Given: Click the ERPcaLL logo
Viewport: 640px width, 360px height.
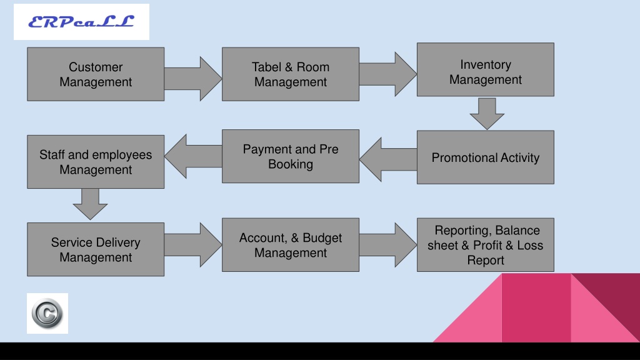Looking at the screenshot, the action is tap(81, 22).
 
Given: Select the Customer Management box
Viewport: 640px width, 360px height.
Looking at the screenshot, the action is tap(96, 74).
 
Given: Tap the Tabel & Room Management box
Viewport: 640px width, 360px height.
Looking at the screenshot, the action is tap(291, 74).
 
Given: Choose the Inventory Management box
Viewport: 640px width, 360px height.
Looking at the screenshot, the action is tap(485, 70).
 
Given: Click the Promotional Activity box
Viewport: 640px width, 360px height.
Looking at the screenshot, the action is tap(485, 157).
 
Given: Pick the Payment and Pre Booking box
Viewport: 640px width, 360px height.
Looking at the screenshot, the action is tap(291, 156).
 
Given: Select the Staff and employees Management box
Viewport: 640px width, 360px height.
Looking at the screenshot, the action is tap(96, 162).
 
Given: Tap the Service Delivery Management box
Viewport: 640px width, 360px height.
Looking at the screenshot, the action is tap(96, 249).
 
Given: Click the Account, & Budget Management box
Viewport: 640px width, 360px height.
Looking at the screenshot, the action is tap(291, 245).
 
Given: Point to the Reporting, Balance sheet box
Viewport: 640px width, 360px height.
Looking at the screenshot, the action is tap(485, 245).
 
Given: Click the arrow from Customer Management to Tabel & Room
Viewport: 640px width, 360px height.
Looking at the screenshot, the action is tap(193, 79).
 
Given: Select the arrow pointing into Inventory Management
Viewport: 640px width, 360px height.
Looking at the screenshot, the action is tap(387, 74).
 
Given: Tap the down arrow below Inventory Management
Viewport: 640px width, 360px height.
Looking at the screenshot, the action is tap(487, 114).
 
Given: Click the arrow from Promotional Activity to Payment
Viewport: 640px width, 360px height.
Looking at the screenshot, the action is tap(388, 159).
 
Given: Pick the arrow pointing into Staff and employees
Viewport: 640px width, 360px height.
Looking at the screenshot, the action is tap(194, 156).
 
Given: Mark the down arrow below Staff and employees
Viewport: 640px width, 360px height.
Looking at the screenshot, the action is tap(90, 204).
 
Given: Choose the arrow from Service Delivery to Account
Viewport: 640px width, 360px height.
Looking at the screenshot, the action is tap(193, 245).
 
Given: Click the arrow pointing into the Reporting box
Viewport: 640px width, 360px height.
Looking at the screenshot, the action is tap(387, 245).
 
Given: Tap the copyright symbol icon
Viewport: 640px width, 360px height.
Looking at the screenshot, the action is tap(47, 314).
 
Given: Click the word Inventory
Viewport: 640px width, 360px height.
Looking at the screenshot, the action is tap(485, 64).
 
